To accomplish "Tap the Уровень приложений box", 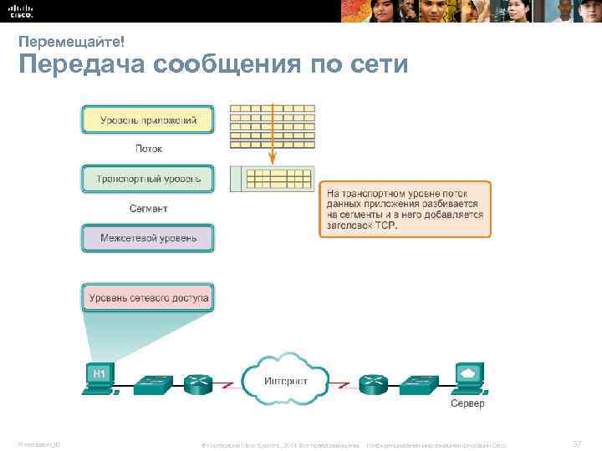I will tap(148, 120).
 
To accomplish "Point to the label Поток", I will tap(148, 149).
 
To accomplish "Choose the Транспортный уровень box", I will tap(148, 179).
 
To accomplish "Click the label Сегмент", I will tap(147, 208).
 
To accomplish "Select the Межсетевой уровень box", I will tap(148, 238).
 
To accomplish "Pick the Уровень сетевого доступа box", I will tap(147, 297).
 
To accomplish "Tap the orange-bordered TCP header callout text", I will tap(405, 209).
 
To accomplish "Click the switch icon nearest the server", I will tap(417, 384).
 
